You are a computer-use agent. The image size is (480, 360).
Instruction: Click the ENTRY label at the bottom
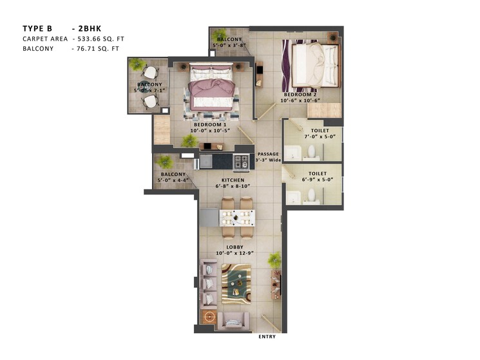click(x=267, y=337)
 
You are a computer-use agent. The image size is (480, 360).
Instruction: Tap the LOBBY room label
click(x=234, y=247)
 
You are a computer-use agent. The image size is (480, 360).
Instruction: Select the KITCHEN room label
click(x=233, y=180)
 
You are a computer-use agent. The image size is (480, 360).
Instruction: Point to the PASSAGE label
click(x=267, y=155)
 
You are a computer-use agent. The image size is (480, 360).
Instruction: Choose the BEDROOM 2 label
click(x=299, y=94)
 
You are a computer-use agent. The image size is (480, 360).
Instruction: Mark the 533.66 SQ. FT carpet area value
click(x=98, y=39)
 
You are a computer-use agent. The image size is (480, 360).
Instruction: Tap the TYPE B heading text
click(x=38, y=28)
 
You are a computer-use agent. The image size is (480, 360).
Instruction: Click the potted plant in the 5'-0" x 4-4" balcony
click(x=165, y=162)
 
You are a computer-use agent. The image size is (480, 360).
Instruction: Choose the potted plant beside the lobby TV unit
click(x=275, y=260)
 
